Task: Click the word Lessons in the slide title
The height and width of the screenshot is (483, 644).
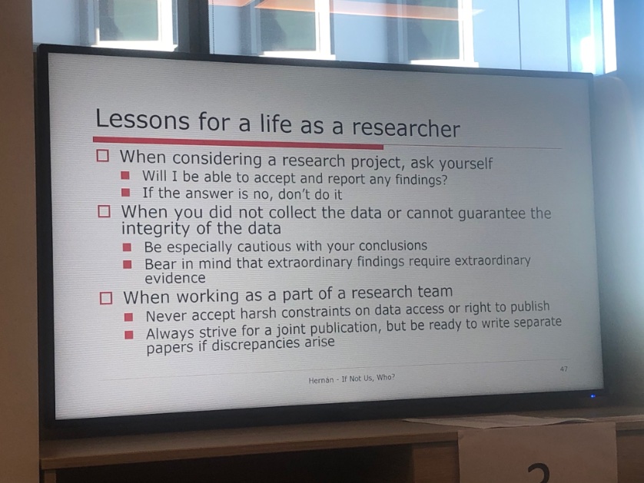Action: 141,121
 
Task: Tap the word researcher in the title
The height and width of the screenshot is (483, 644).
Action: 406,127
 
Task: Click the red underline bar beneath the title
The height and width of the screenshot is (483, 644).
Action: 237,143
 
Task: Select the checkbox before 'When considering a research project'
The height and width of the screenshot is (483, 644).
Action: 104,156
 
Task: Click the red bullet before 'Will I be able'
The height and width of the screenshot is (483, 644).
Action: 124,177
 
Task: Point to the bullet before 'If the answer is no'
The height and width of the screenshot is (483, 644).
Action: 124,194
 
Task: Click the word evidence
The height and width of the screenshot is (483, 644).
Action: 175,278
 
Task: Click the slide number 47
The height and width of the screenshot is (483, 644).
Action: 563,369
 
